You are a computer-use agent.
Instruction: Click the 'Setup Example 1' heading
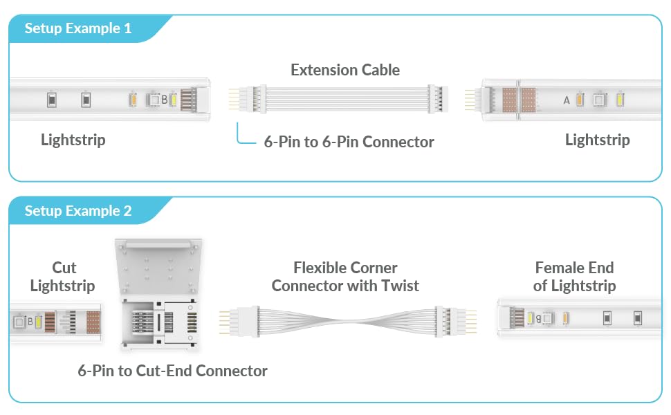click(x=78, y=28)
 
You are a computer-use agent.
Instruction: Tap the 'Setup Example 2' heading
click(x=78, y=211)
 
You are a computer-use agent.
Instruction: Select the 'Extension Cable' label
click(x=345, y=70)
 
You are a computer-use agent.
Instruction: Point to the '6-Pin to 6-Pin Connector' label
click(x=349, y=142)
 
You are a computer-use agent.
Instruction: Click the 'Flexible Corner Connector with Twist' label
click(x=345, y=277)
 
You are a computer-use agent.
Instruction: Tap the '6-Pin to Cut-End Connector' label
click(x=172, y=371)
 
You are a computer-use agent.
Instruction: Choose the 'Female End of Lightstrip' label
click(x=574, y=277)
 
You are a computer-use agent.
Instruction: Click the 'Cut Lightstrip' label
click(x=63, y=277)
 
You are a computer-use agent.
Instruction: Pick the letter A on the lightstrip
click(x=567, y=100)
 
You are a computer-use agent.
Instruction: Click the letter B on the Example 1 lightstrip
click(x=165, y=100)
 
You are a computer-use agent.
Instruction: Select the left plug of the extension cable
click(x=248, y=99)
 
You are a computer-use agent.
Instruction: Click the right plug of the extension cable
click(x=438, y=99)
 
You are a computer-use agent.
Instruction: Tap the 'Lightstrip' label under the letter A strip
click(x=598, y=140)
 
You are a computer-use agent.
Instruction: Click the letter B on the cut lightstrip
click(x=30, y=322)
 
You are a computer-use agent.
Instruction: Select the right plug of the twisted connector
click(x=456, y=322)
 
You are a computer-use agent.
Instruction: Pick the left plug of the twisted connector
click(x=239, y=322)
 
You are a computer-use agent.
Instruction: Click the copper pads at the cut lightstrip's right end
click(x=93, y=322)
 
